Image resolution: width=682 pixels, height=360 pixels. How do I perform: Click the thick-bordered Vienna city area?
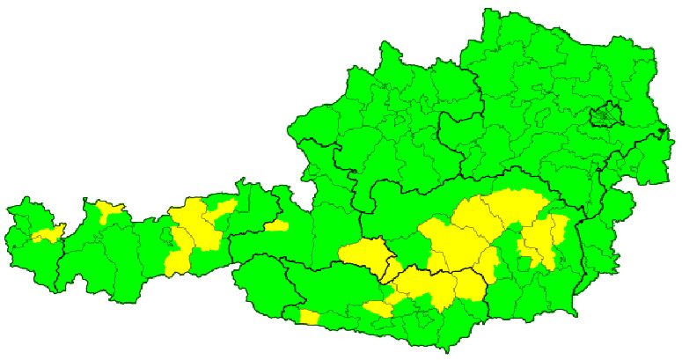(605, 114)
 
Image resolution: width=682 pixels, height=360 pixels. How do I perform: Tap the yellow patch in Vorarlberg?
(47, 234)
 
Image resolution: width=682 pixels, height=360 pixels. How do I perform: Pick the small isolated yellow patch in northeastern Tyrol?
(276, 226)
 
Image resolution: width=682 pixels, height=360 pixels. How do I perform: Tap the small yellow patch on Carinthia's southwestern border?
(309, 317)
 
